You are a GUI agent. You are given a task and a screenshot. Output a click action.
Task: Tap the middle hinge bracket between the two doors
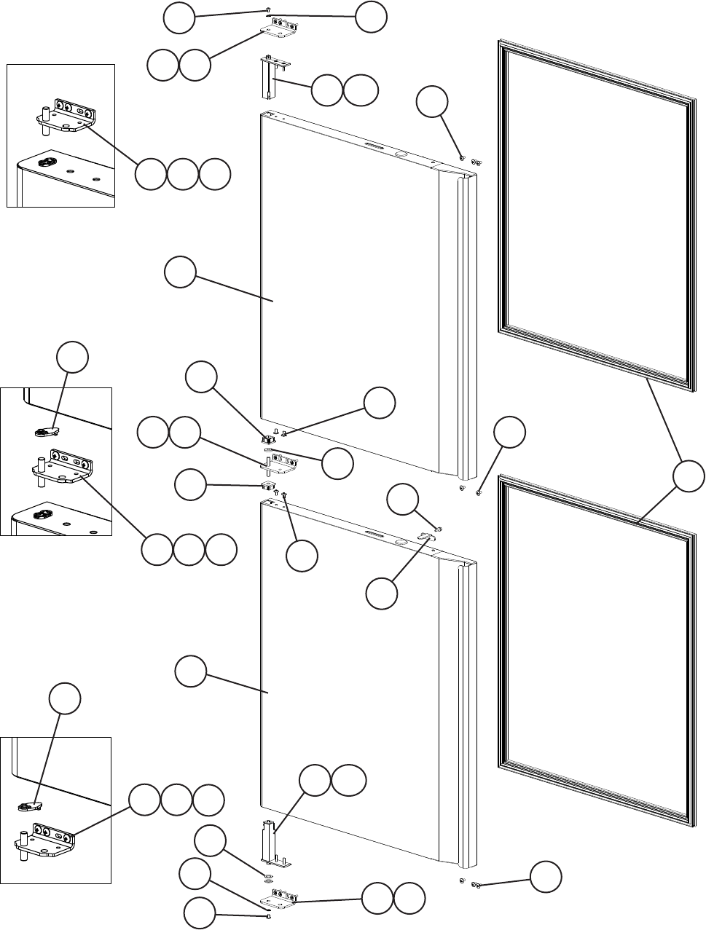click(280, 461)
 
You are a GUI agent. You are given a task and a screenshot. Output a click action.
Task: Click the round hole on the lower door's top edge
click(399, 542)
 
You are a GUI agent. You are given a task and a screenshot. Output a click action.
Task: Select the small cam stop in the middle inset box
click(47, 431)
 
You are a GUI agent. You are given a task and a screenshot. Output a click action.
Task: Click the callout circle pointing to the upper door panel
click(179, 273)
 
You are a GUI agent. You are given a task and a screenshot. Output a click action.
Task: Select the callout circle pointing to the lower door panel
click(191, 670)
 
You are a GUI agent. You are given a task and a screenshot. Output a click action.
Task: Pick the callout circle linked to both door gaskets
click(688, 476)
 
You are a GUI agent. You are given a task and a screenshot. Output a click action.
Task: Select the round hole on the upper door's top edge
click(400, 154)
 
